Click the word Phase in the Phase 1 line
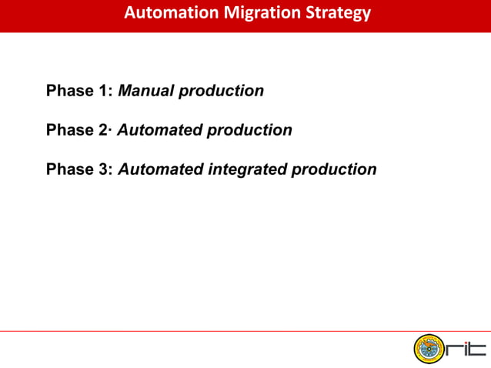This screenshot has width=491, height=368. click(70, 91)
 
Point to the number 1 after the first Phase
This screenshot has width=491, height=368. click(106, 91)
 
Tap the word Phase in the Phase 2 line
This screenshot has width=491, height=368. click(70, 130)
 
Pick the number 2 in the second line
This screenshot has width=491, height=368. click(105, 130)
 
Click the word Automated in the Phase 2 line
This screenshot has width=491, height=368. click(159, 130)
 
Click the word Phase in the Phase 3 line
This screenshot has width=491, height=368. click(70, 169)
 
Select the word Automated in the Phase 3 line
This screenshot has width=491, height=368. click(160, 169)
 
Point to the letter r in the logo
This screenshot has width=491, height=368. click(451, 351)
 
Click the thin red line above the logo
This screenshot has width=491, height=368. click(245, 331)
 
